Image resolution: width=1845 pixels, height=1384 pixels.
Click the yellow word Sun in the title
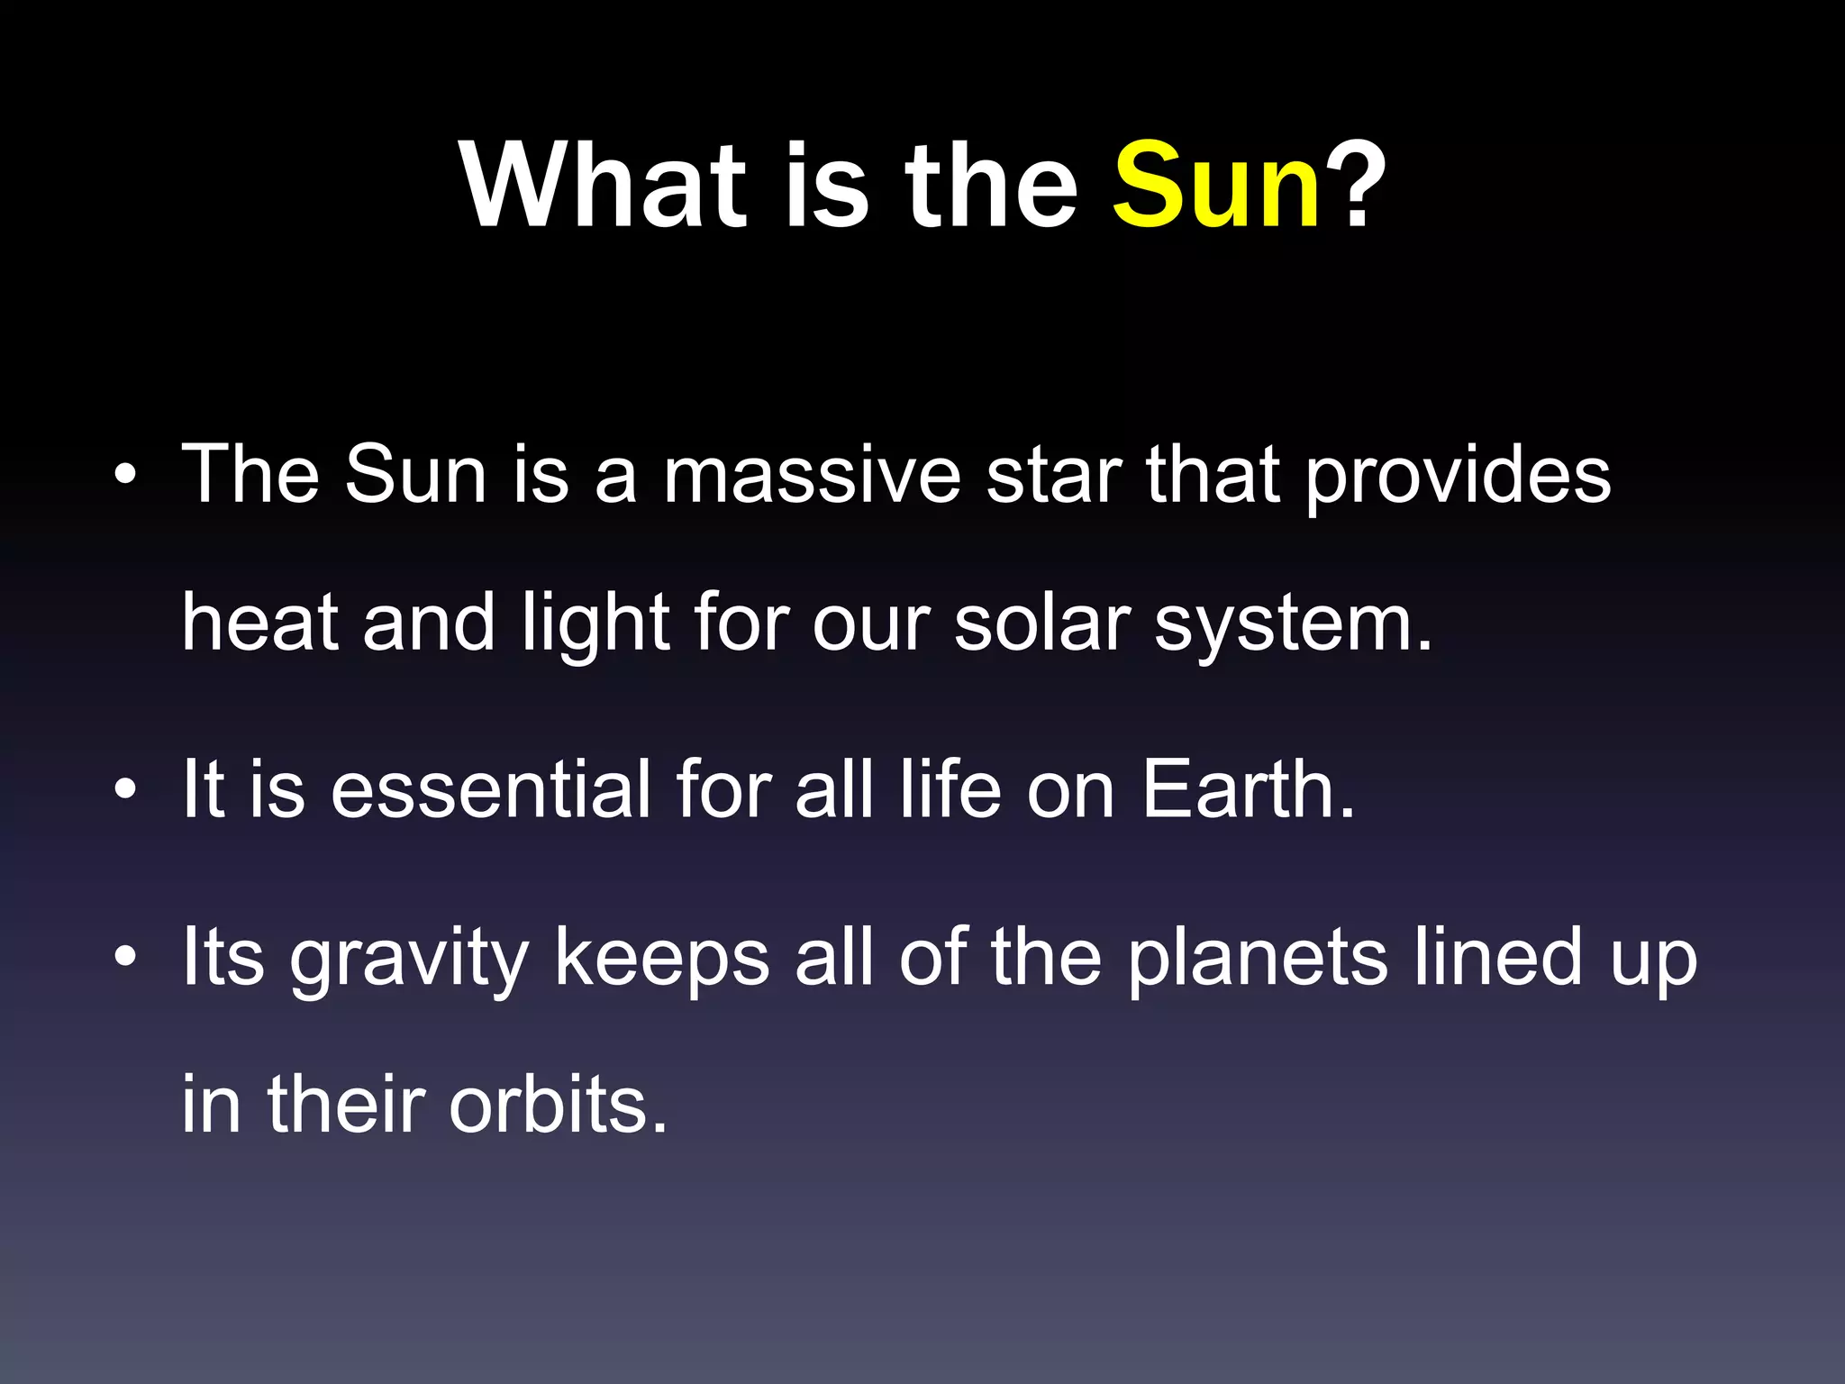[x=1217, y=187]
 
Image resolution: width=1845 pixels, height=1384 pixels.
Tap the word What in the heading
[x=604, y=187]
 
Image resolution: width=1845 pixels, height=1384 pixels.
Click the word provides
[x=1458, y=478]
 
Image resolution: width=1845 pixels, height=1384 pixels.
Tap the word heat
[x=260, y=623]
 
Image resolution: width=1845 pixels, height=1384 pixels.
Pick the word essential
[x=491, y=789]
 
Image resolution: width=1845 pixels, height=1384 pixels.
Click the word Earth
[x=1248, y=789]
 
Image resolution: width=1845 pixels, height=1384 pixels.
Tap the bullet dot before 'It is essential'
[x=126, y=790]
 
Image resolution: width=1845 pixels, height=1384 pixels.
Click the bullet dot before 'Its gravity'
[x=126, y=957]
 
